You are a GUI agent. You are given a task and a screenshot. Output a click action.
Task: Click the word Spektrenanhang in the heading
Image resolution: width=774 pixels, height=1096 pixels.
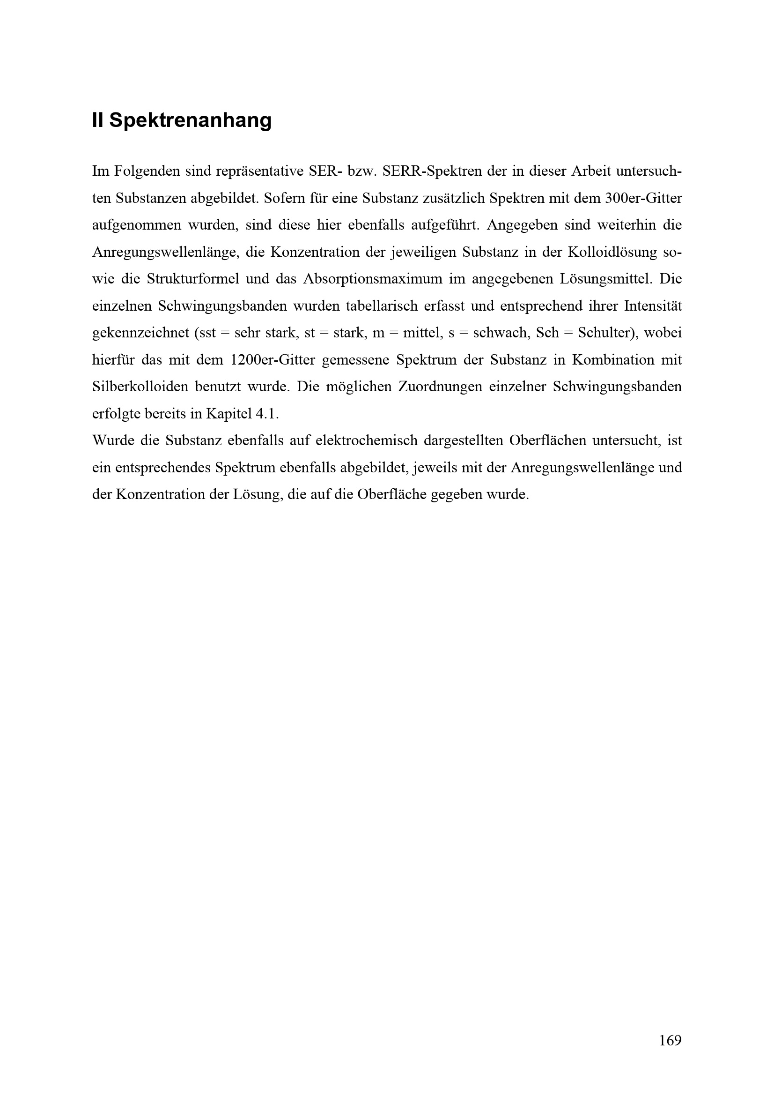190,121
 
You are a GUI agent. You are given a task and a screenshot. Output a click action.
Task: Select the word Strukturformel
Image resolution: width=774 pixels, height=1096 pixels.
193,279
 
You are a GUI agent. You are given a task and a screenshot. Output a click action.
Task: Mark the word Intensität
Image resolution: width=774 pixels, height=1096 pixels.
653,306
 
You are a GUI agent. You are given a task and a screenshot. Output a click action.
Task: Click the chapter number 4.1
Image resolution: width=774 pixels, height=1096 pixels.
265,413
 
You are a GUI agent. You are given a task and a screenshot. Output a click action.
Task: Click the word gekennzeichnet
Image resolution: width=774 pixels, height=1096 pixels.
140,333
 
